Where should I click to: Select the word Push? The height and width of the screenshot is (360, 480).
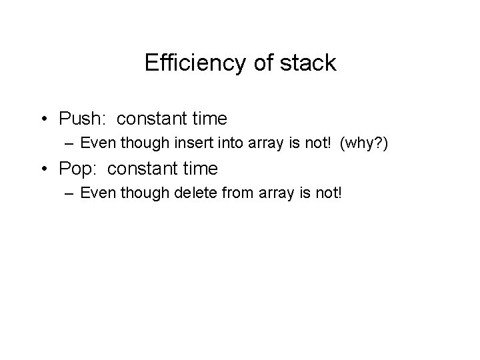click(x=79, y=119)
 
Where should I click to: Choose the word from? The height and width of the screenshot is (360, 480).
click(x=237, y=193)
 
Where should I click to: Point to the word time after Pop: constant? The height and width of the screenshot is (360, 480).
click(x=199, y=169)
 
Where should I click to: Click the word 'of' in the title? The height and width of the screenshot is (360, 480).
click(x=263, y=63)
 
